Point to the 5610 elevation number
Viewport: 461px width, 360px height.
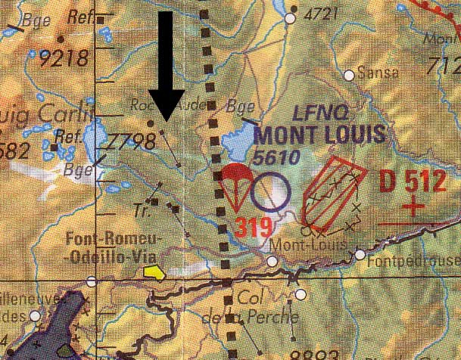click(x=278, y=157)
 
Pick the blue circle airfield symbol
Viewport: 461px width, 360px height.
click(x=270, y=192)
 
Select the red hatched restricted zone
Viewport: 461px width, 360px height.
click(x=328, y=191)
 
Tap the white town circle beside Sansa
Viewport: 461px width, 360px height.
click(x=349, y=75)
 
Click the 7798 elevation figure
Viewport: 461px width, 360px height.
click(x=131, y=141)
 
